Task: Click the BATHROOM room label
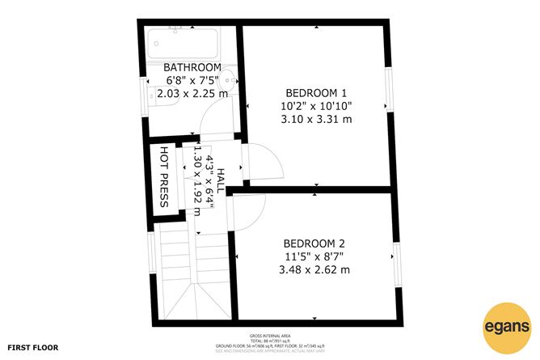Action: tap(192, 66)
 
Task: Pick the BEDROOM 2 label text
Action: tap(314, 243)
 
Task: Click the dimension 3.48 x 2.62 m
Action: tap(314, 269)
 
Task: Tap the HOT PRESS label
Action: tap(164, 176)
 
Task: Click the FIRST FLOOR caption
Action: tap(33, 347)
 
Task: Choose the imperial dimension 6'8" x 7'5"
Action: tap(192, 80)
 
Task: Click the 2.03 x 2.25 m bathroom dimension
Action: tap(192, 94)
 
